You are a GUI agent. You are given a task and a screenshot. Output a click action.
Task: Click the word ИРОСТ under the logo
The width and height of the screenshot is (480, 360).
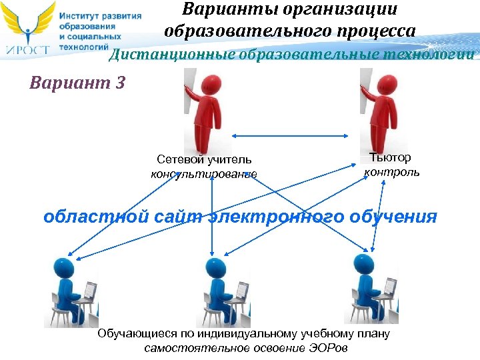click(x=27, y=49)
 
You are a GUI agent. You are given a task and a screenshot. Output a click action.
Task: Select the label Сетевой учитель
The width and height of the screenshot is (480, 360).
click(x=204, y=160)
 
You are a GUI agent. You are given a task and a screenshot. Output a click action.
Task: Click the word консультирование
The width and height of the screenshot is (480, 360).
click(x=204, y=175)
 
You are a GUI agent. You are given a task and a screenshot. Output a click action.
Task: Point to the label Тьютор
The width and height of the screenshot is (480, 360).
click(x=391, y=157)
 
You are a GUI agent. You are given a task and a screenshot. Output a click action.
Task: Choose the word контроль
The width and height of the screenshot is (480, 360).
click(x=391, y=172)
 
